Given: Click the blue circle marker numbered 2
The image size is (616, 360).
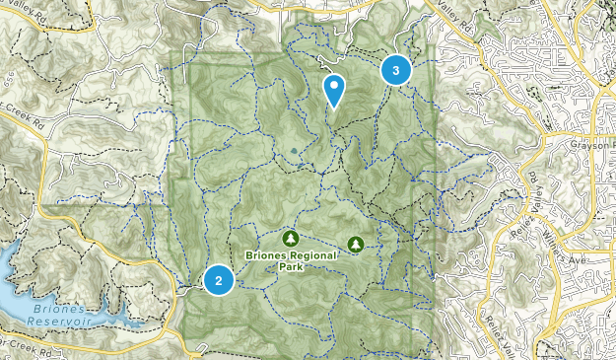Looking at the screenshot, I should [218, 280].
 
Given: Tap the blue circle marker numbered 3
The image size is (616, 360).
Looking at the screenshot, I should [395, 70].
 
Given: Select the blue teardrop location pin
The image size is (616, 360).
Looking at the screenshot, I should [335, 90].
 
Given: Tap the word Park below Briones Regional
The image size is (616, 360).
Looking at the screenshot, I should [289, 266].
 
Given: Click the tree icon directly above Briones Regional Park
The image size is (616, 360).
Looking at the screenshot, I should [290, 239].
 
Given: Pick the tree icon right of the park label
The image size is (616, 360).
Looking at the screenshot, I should [355, 243].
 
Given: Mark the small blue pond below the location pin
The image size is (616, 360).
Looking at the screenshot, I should [294, 151].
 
